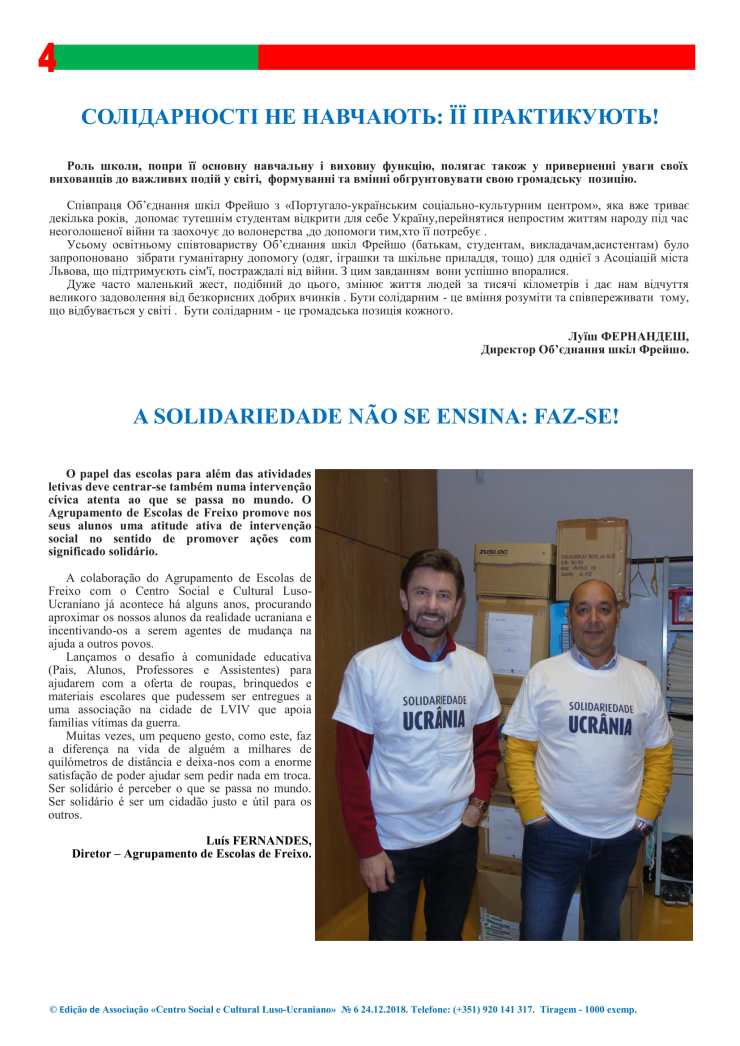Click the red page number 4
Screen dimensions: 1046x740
46,58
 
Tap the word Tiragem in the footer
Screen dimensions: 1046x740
561,1010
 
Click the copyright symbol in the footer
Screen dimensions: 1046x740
53,1010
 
